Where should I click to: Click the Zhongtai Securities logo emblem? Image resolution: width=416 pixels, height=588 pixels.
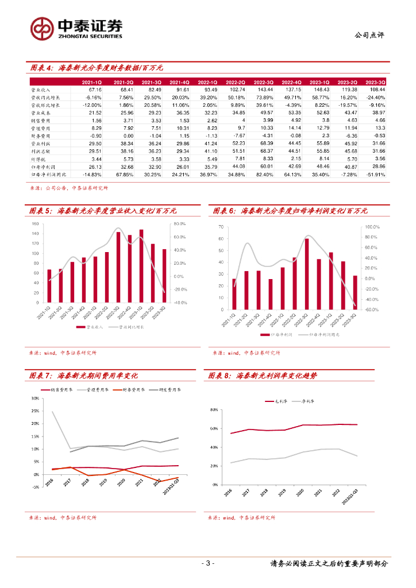click(42, 27)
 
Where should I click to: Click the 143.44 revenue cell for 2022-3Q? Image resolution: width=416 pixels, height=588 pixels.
click(265, 90)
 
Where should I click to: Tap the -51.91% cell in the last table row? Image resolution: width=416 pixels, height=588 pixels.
click(375, 174)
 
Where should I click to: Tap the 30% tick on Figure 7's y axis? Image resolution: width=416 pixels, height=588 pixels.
click(35, 398)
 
